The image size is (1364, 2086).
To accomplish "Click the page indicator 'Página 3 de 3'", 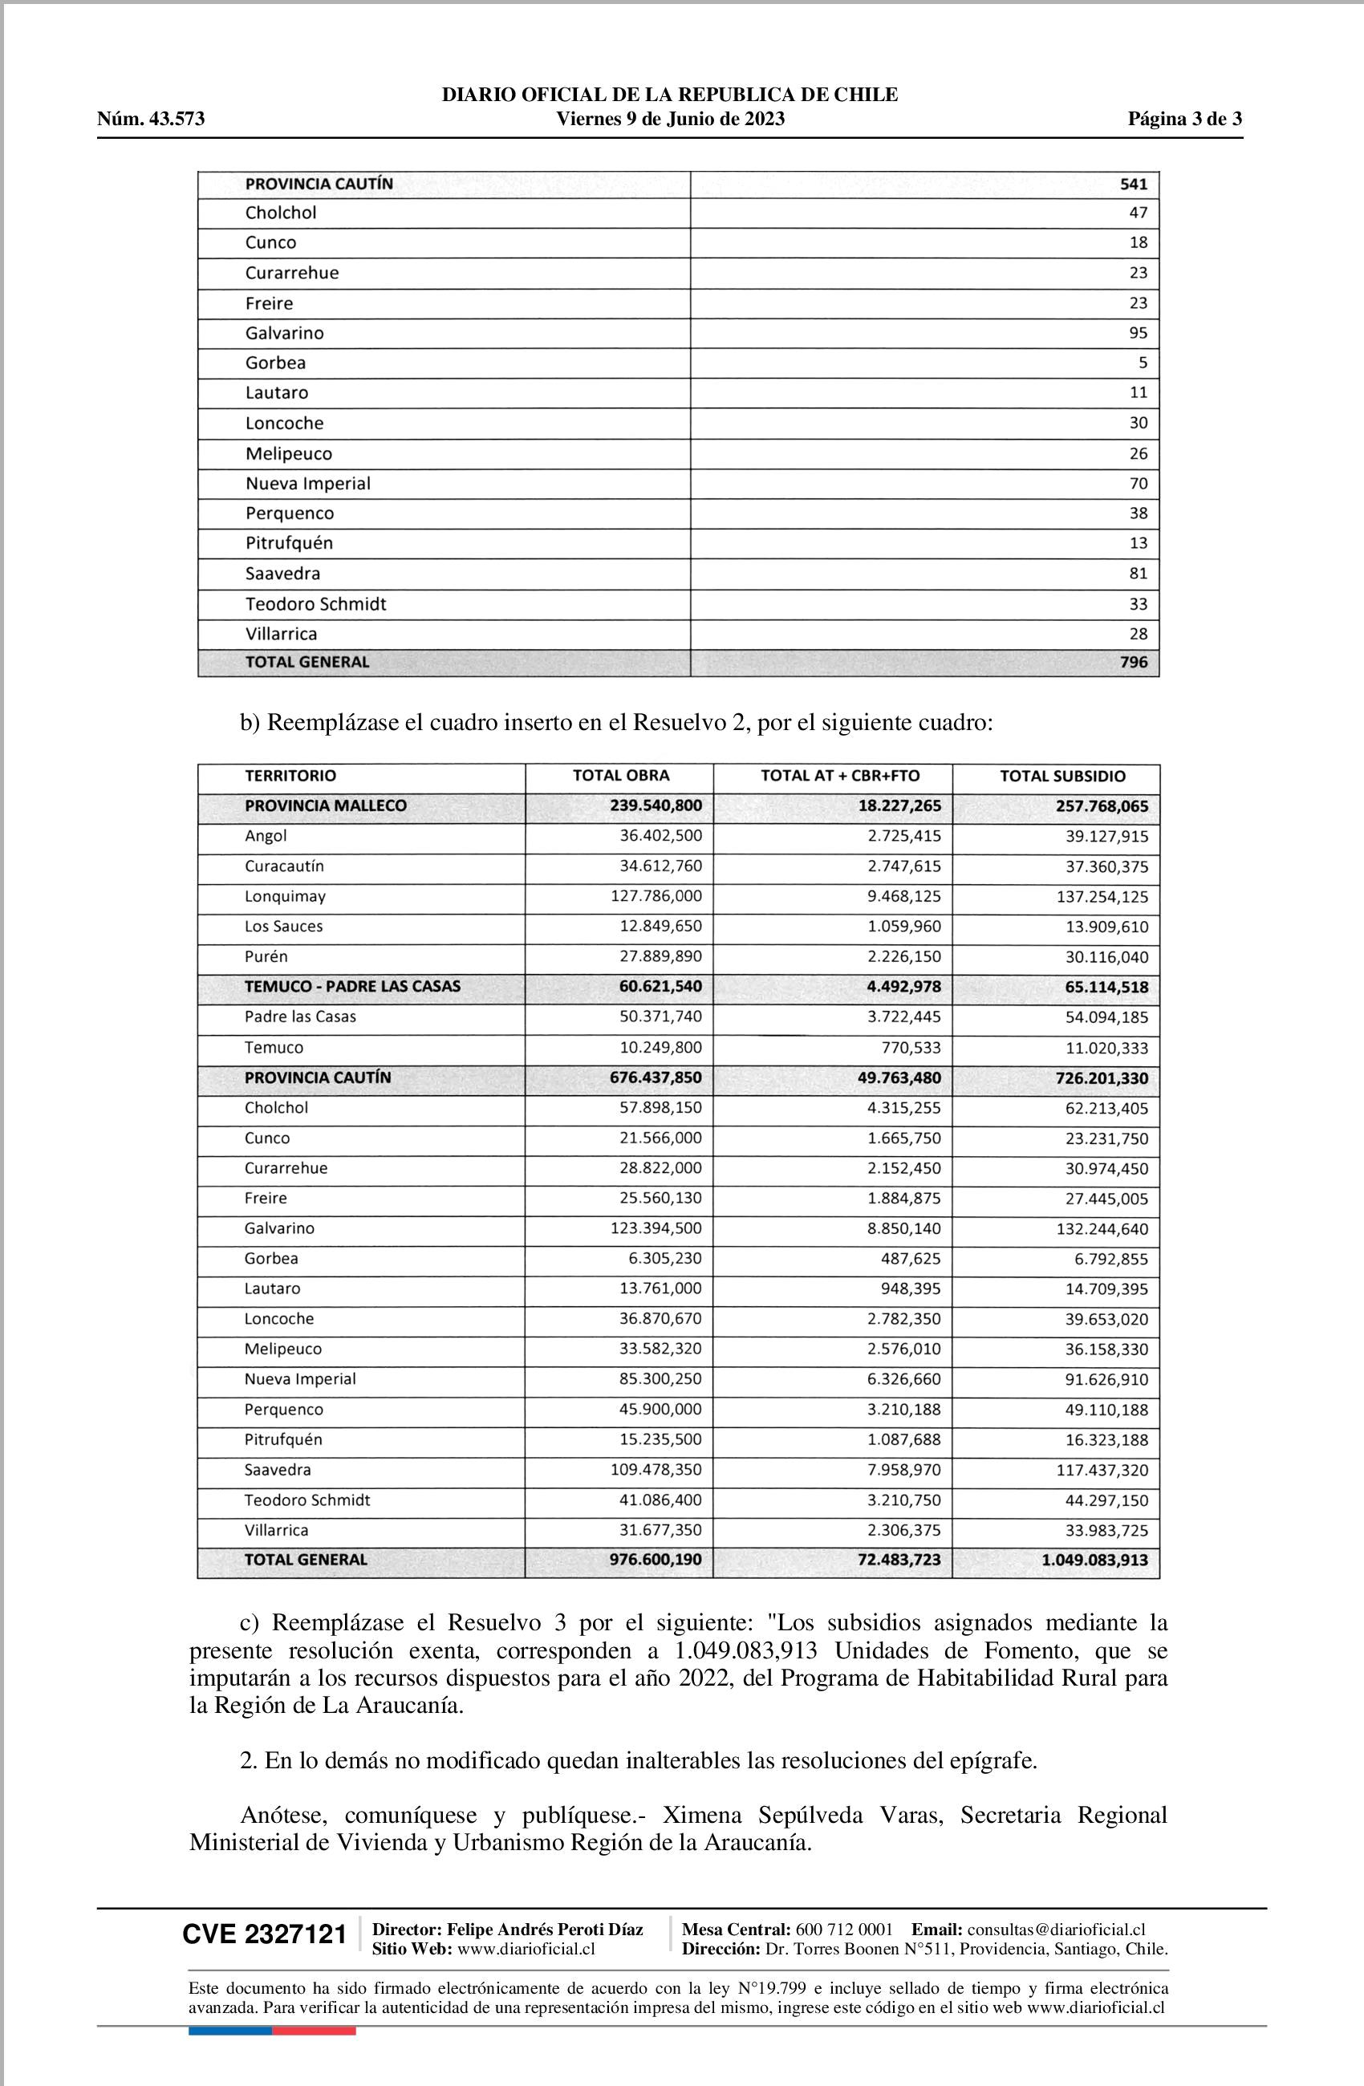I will click(1184, 120).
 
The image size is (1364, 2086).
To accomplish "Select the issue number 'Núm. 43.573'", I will click(151, 120).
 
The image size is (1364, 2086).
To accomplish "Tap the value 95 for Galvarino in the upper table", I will click(1138, 333).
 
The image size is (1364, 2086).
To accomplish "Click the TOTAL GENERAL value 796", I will click(1134, 663).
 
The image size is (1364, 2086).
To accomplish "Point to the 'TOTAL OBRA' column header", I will click(621, 776).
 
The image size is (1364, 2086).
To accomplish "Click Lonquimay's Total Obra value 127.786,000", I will click(656, 897).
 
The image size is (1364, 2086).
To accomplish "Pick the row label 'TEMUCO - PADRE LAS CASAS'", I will click(352, 987).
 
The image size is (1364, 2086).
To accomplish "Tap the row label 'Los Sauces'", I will click(283, 927).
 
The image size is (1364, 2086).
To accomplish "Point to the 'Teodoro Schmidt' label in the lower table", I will click(306, 1500).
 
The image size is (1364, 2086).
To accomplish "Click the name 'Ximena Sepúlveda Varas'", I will click(802, 1814).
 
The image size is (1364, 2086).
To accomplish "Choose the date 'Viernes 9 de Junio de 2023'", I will click(671, 120).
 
